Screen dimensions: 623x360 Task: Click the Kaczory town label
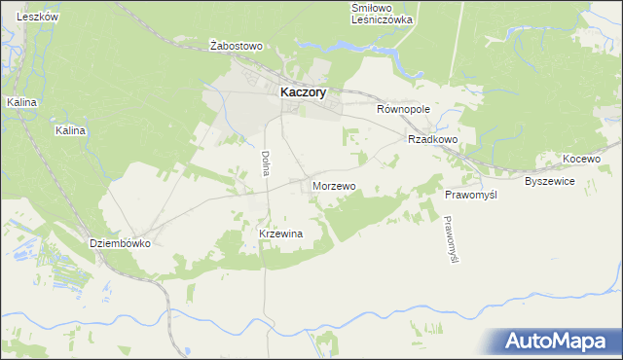pos(303,91)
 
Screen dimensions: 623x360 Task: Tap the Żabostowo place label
pos(238,46)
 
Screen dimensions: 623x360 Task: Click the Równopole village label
pos(403,110)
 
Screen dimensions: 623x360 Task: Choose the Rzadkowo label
pos(433,139)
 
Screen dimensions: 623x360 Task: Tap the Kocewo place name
pos(582,159)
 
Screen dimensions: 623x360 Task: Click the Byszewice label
pos(551,182)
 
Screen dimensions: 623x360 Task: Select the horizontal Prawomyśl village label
pos(471,196)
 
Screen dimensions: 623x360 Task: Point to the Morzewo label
pos(334,185)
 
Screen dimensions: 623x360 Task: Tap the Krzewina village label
pos(281,234)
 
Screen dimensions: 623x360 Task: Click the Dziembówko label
pos(120,244)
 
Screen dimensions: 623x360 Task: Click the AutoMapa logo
pos(556,342)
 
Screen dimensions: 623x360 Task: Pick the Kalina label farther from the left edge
pos(71,130)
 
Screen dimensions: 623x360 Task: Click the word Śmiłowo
pos(372,8)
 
